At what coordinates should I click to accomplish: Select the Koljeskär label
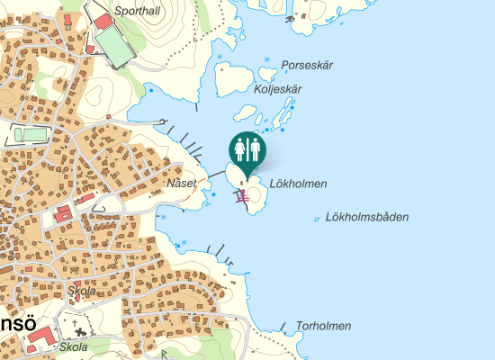coord(278,89)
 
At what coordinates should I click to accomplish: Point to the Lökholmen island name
coord(297,184)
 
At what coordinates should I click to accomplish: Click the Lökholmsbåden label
coord(368,216)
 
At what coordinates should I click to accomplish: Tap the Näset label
coord(181,184)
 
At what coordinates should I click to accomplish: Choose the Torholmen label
coord(323,326)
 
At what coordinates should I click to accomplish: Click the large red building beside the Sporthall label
coord(103,20)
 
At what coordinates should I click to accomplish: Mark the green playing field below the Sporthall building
coord(113,44)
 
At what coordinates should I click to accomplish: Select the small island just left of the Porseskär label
coord(266,70)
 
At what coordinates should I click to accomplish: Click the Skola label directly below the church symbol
coord(74,346)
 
